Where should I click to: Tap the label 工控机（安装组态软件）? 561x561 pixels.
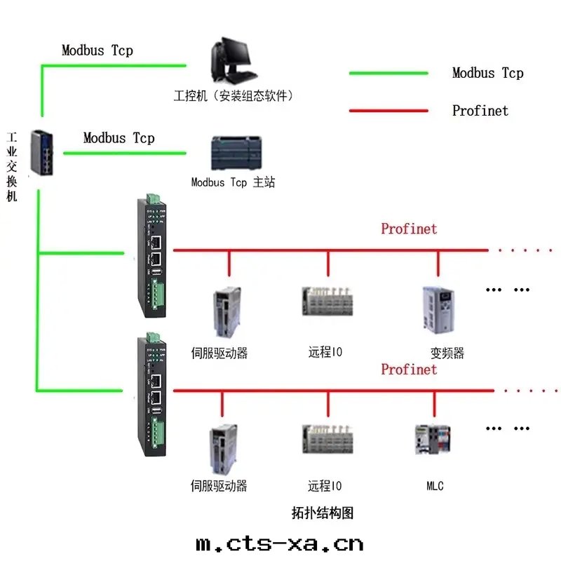click(x=233, y=95)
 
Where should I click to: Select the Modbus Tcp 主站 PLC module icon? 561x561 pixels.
click(x=234, y=154)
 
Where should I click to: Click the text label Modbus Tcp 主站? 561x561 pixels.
click(x=233, y=182)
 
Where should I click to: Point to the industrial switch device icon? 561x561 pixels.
click(x=41, y=152)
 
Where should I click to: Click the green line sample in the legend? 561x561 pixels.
click(x=388, y=73)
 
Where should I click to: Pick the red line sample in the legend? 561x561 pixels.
click(x=388, y=110)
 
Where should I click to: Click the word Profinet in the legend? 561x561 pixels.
click(x=480, y=110)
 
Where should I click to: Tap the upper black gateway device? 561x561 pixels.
click(x=153, y=255)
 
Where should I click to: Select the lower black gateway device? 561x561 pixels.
click(x=153, y=396)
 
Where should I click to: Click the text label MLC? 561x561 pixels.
click(x=435, y=485)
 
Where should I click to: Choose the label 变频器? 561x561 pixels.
click(x=447, y=353)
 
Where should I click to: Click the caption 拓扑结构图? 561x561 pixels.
click(x=323, y=513)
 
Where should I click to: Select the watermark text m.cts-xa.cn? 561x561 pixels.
click(x=280, y=543)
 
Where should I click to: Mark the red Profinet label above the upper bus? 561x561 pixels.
click(x=409, y=229)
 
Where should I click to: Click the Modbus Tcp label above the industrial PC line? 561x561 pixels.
click(x=97, y=50)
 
